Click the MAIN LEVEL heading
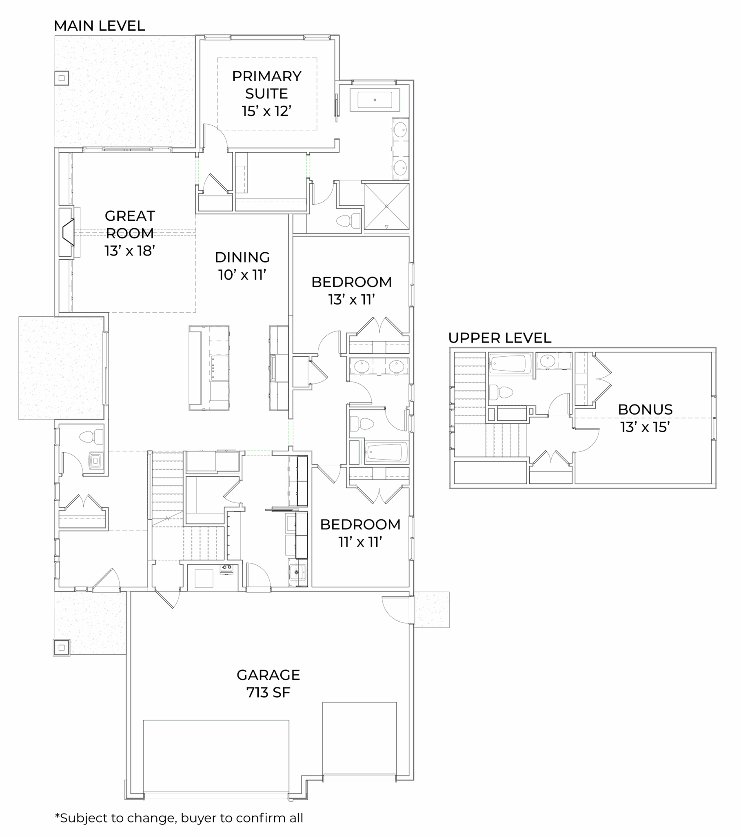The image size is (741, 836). point(100,26)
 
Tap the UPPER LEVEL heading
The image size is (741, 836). point(500,338)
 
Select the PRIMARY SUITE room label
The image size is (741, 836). point(266,93)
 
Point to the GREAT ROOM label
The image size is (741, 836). point(130,233)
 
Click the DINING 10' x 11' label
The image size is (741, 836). point(242,266)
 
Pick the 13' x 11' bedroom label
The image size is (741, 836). point(352,290)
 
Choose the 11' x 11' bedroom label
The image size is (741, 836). point(360,533)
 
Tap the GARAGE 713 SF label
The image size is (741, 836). point(268,683)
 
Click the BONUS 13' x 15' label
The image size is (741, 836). point(645,418)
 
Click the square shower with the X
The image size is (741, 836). point(386,206)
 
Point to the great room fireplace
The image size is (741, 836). point(67,232)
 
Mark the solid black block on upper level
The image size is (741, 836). point(490,472)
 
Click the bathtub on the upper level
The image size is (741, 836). point(510,363)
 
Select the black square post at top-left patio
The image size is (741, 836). point(62,78)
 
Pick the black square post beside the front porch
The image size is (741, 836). point(62,647)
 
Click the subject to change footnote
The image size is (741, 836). point(179,818)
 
